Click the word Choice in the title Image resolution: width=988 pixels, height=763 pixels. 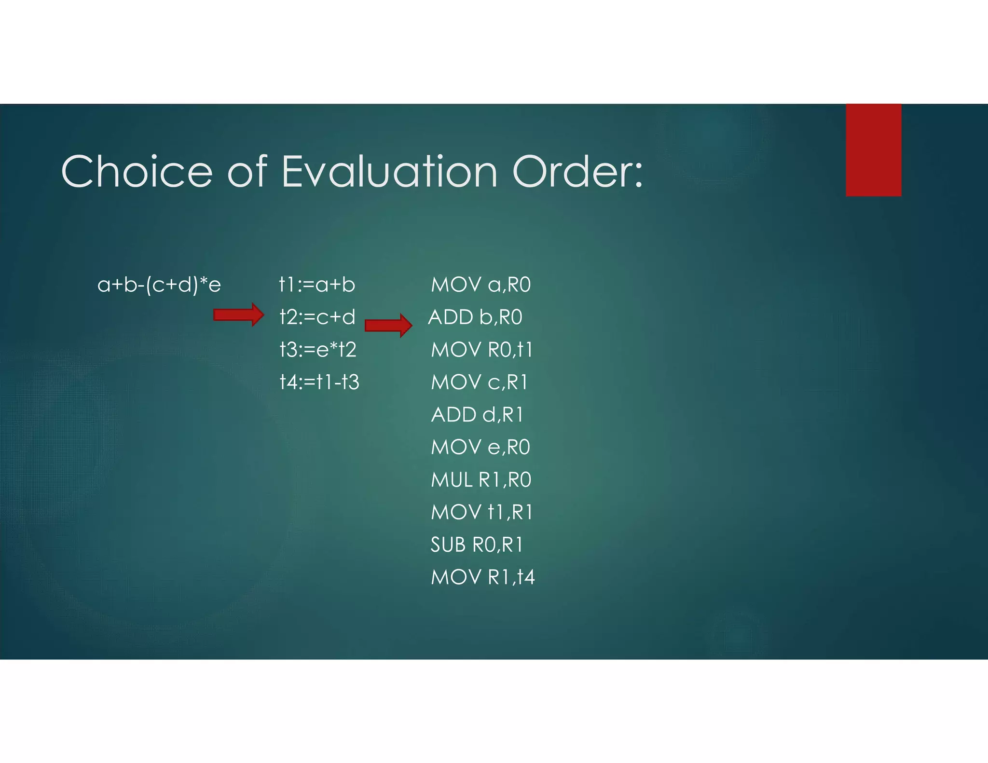click(137, 172)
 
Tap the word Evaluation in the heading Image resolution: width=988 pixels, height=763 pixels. click(389, 172)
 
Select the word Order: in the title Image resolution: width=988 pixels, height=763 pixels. click(577, 172)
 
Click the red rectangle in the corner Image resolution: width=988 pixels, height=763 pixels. click(873, 150)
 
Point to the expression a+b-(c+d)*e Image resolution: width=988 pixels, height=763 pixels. click(159, 285)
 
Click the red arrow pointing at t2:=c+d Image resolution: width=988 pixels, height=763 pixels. click(239, 315)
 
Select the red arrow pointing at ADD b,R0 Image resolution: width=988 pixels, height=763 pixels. click(388, 325)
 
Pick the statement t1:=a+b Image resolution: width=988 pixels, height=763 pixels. click(317, 285)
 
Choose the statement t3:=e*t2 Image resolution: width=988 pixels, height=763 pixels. click(318, 350)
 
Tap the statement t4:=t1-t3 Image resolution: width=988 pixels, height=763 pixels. click(319, 382)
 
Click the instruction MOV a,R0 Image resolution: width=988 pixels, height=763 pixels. click(480, 285)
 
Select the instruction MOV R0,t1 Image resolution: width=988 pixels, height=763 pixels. click(481, 350)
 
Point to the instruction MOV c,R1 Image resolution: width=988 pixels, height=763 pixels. click(480, 382)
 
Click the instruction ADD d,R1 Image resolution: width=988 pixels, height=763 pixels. click(477, 415)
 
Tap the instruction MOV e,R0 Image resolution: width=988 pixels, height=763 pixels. click(480, 448)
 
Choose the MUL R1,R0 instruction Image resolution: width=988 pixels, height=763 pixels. click(481, 480)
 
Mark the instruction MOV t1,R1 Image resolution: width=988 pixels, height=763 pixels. click(481, 512)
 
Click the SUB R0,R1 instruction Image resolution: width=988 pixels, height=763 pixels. click(477, 545)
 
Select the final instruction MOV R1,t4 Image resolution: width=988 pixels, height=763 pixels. click(482, 577)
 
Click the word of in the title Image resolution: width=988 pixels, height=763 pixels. click(247, 172)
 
